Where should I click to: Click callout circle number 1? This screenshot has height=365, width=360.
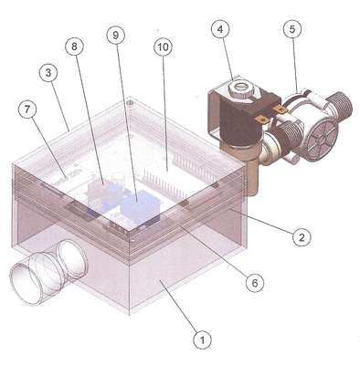tap(203, 339)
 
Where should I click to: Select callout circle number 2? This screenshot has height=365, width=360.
tap(302, 237)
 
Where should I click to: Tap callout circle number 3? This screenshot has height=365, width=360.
tap(48, 73)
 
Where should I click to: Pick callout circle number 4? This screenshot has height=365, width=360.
tap(220, 29)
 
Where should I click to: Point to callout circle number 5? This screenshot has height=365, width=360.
tap(292, 29)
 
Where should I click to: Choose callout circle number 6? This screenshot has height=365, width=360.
tap(255, 283)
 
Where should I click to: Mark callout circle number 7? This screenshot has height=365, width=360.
tap(27, 109)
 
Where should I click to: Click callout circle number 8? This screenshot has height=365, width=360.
tap(75, 47)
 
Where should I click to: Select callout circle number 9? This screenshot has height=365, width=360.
tap(116, 35)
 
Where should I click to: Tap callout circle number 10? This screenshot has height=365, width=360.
tap(163, 47)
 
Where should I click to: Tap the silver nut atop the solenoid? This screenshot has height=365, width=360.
tap(240, 89)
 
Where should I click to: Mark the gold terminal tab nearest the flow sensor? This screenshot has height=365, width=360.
tap(279, 109)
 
